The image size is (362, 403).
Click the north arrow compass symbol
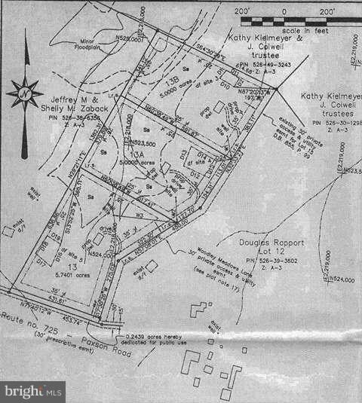(25, 93)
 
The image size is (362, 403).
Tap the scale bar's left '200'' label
(242, 12)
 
